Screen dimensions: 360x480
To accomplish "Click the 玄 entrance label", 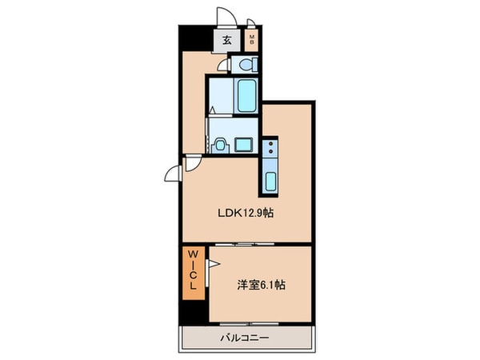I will [x=226, y=39].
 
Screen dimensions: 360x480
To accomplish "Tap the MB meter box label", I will [x=251, y=39].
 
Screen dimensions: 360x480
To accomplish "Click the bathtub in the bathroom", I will [x=246, y=95].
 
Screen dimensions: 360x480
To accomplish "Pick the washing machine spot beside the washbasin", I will [x=243, y=144].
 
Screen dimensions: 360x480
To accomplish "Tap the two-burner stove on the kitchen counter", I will [x=270, y=147].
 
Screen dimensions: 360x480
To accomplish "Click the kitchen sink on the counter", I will [x=270, y=181].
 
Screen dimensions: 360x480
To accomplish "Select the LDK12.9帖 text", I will [x=247, y=214].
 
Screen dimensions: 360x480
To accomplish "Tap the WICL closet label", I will [x=194, y=272].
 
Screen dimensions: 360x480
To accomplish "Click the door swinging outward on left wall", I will [x=172, y=170].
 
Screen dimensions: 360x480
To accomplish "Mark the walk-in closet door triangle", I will [x=213, y=262].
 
